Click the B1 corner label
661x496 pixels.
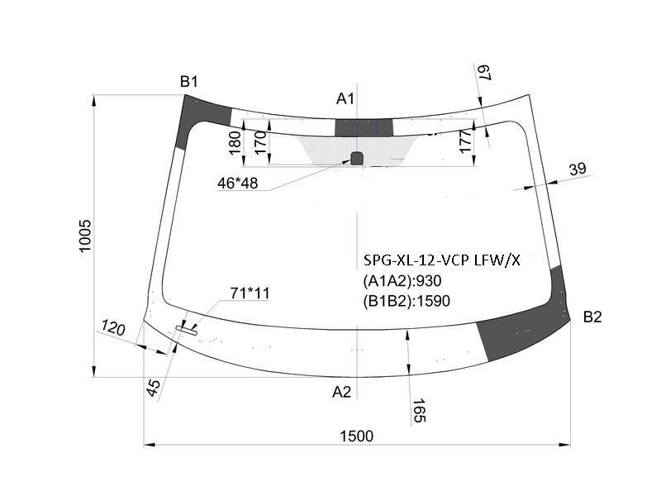[188, 81]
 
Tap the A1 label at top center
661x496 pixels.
[345, 98]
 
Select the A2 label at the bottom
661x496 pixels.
[341, 392]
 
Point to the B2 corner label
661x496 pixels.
[592, 317]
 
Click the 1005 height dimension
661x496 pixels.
[85, 236]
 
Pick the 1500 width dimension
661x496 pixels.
[357, 436]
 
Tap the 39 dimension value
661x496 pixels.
[578, 169]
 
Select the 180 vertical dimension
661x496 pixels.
[235, 142]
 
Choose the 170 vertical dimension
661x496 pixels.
[260, 142]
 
